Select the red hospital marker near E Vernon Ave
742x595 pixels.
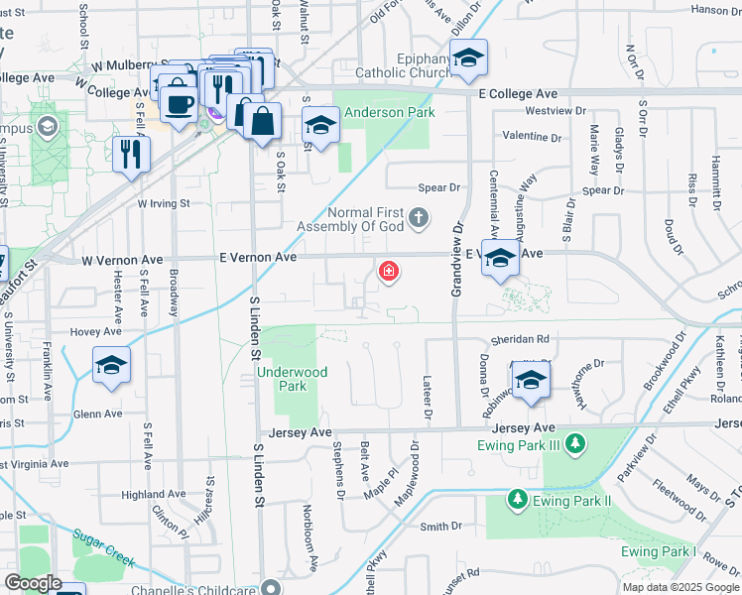(x=388, y=271)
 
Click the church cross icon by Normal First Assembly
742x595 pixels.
(x=420, y=216)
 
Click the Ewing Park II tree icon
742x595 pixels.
(x=516, y=499)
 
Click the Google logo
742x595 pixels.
(x=32, y=583)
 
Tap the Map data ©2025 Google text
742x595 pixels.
(x=680, y=587)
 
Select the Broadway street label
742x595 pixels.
(x=175, y=293)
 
